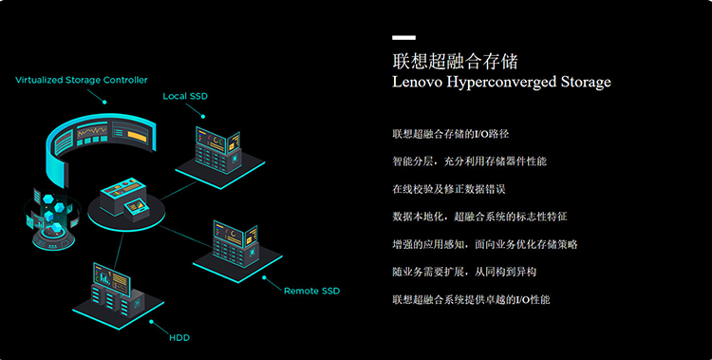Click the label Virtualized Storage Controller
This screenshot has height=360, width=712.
(82, 80)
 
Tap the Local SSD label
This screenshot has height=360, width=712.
(185, 96)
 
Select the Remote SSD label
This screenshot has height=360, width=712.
(311, 291)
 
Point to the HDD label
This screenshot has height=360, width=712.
(179, 338)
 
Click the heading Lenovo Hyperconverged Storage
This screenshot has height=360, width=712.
(501, 82)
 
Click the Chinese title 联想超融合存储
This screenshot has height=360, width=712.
(455, 62)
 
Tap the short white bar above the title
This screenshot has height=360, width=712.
(403, 38)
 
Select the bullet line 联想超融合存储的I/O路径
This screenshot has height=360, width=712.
(450, 134)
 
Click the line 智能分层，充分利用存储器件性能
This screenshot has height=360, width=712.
(470, 161)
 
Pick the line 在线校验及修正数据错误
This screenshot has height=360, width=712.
(449, 189)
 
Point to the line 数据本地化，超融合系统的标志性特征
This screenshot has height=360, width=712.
(479, 217)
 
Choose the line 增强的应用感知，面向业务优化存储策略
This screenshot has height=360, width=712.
(485, 244)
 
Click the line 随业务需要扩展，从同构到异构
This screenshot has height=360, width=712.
(464, 272)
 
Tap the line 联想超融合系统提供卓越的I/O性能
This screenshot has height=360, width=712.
(471, 299)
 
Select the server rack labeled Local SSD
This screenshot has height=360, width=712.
(220, 155)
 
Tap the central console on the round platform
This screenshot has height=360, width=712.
(125, 202)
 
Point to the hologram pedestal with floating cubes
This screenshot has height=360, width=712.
(52, 220)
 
